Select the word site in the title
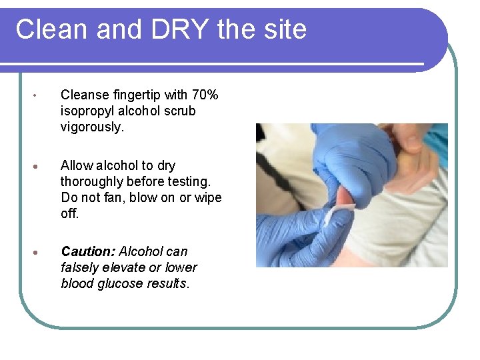point(283,29)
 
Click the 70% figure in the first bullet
point(203,95)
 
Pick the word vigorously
point(92,127)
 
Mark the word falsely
point(82,267)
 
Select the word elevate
point(131,267)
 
